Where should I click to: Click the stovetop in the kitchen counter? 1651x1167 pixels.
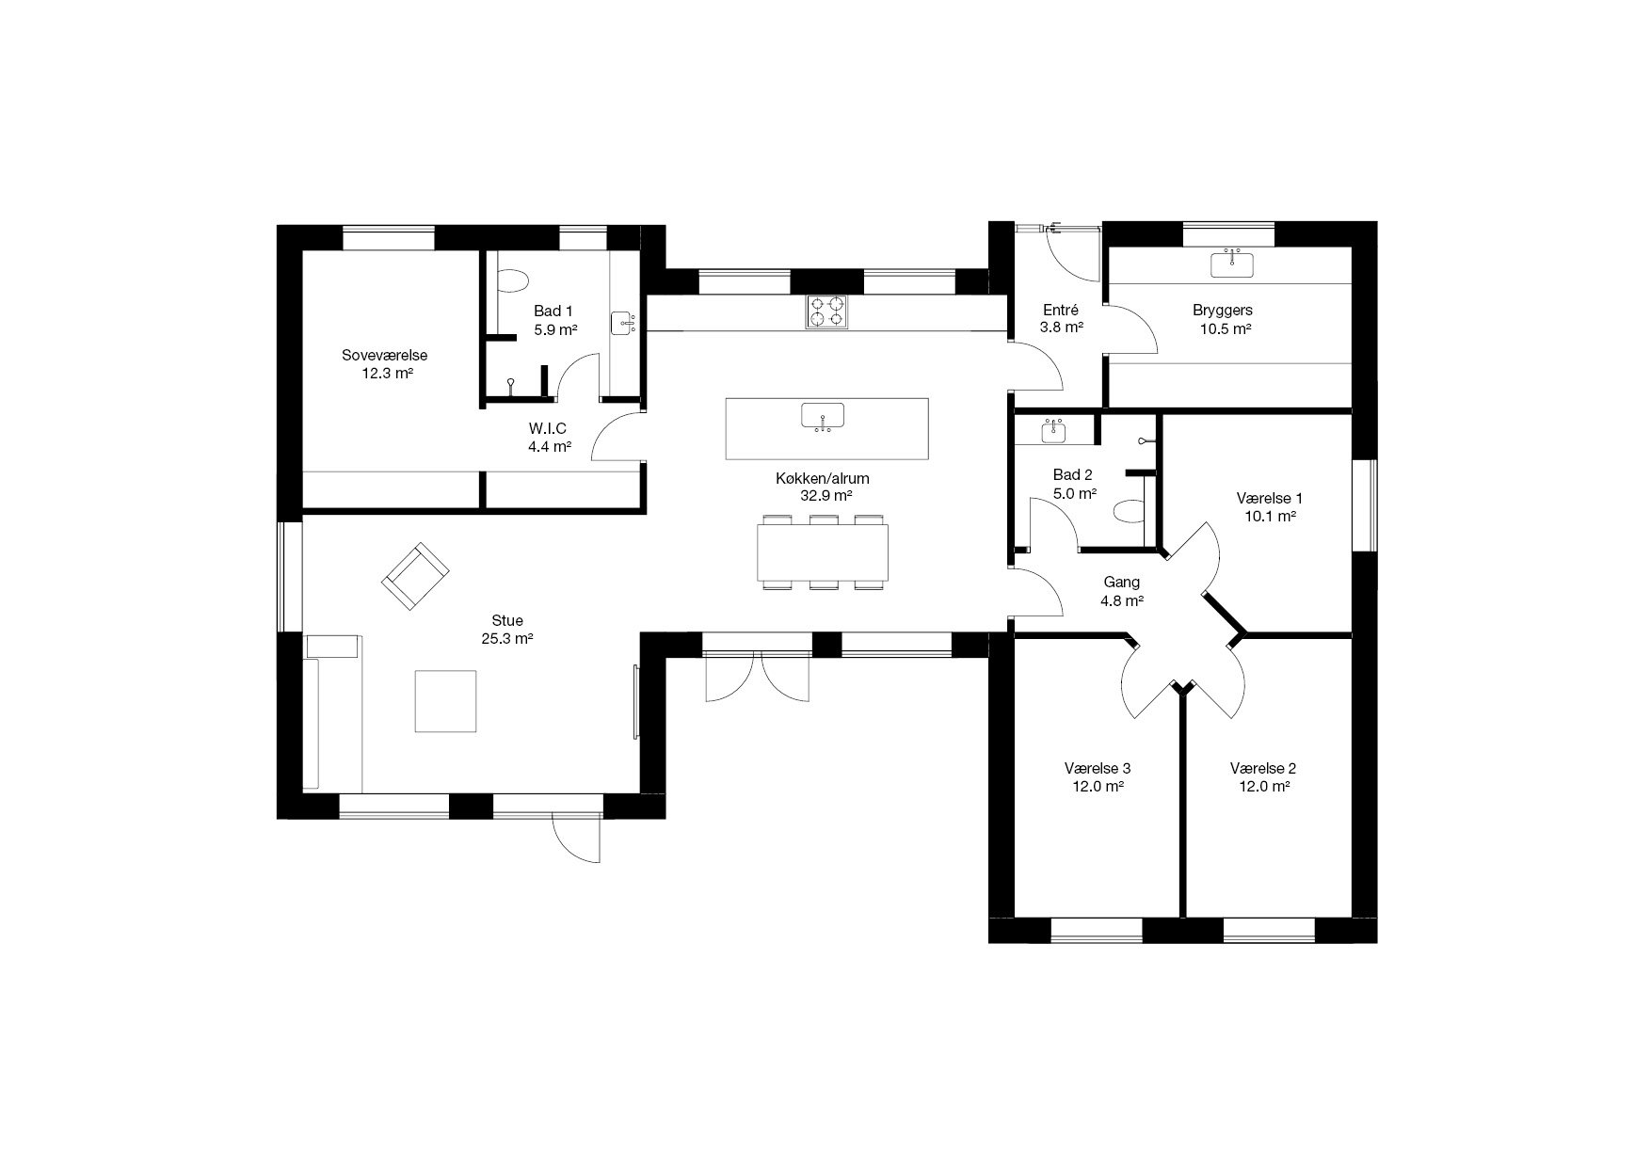pyautogui.click(x=826, y=312)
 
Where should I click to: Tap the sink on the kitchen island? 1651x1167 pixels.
pyautogui.click(x=823, y=416)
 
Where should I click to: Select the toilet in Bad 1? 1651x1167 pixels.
pyautogui.click(x=514, y=280)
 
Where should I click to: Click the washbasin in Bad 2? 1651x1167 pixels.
pyautogui.click(x=1053, y=432)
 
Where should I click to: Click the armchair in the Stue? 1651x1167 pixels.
pyautogui.click(x=414, y=576)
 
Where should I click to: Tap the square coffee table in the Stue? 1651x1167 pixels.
pyautogui.click(x=446, y=700)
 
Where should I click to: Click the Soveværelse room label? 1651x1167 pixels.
pyautogui.click(x=385, y=355)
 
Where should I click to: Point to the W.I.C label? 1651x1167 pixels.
pyautogui.click(x=548, y=429)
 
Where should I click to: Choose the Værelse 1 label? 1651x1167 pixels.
pyautogui.click(x=1269, y=498)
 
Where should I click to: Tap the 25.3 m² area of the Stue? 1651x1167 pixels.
pyautogui.click(x=507, y=638)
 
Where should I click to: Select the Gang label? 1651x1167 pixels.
pyautogui.click(x=1122, y=583)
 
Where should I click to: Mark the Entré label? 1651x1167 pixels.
pyautogui.click(x=1061, y=310)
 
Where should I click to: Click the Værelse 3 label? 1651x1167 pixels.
pyautogui.click(x=1098, y=769)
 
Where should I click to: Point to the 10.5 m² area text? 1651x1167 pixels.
pyautogui.click(x=1224, y=328)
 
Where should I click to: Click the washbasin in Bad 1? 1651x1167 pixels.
pyautogui.click(x=623, y=324)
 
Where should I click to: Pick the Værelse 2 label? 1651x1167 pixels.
pyautogui.click(x=1263, y=769)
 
